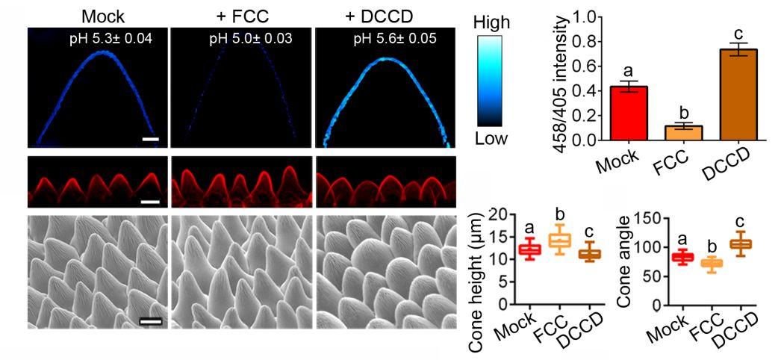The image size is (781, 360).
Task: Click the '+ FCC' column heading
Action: point(239,16)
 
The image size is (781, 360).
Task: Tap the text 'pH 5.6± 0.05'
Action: point(394,37)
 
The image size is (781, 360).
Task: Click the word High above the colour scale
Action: point(492,23)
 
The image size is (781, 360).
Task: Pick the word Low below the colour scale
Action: point(491,139)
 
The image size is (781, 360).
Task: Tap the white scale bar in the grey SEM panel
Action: point(150,321)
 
